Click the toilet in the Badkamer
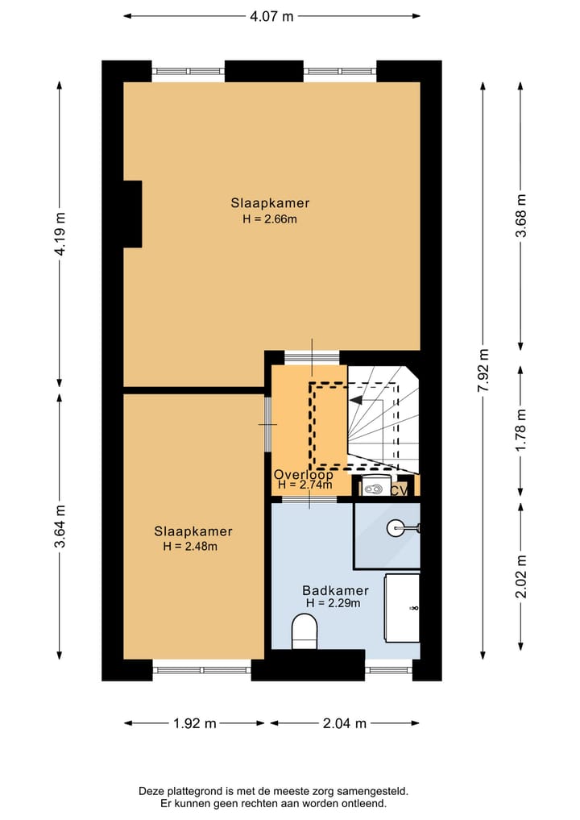click(x=304, y=631)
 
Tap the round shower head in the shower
click(x=396, y=529)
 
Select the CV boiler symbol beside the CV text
click(x=371, y=487)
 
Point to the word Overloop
click(x=303, y=474)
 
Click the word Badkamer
click(x=335, y=590)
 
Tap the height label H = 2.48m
click(x=190, y=546)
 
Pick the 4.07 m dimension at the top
click(x=271, y=15)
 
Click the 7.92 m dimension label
click(x=483, y=370)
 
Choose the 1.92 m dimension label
click(x=194, y=723)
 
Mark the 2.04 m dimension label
click(x=344, y=723)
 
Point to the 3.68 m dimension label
click(x=521, y=215)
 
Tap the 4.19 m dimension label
click(x=60, y=234)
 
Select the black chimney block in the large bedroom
click(x=132, y=214)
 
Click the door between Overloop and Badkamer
click(x=309, y=500)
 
